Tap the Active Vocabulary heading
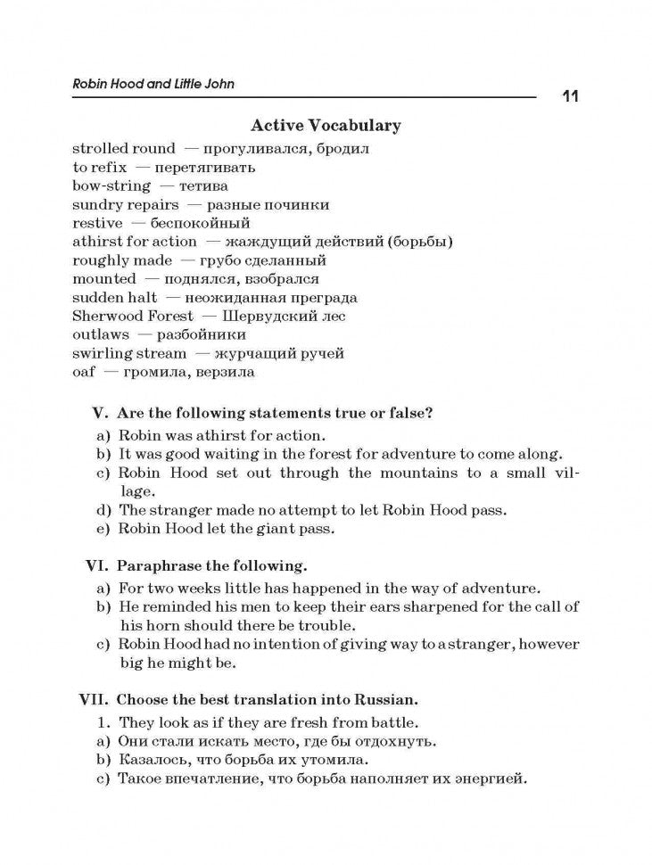[326, 126]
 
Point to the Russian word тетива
[203, 185]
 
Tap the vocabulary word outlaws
[101, 334]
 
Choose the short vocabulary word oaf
[83, 372]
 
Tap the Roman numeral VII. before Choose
[93, 699]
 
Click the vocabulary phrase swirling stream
[129, 353]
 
